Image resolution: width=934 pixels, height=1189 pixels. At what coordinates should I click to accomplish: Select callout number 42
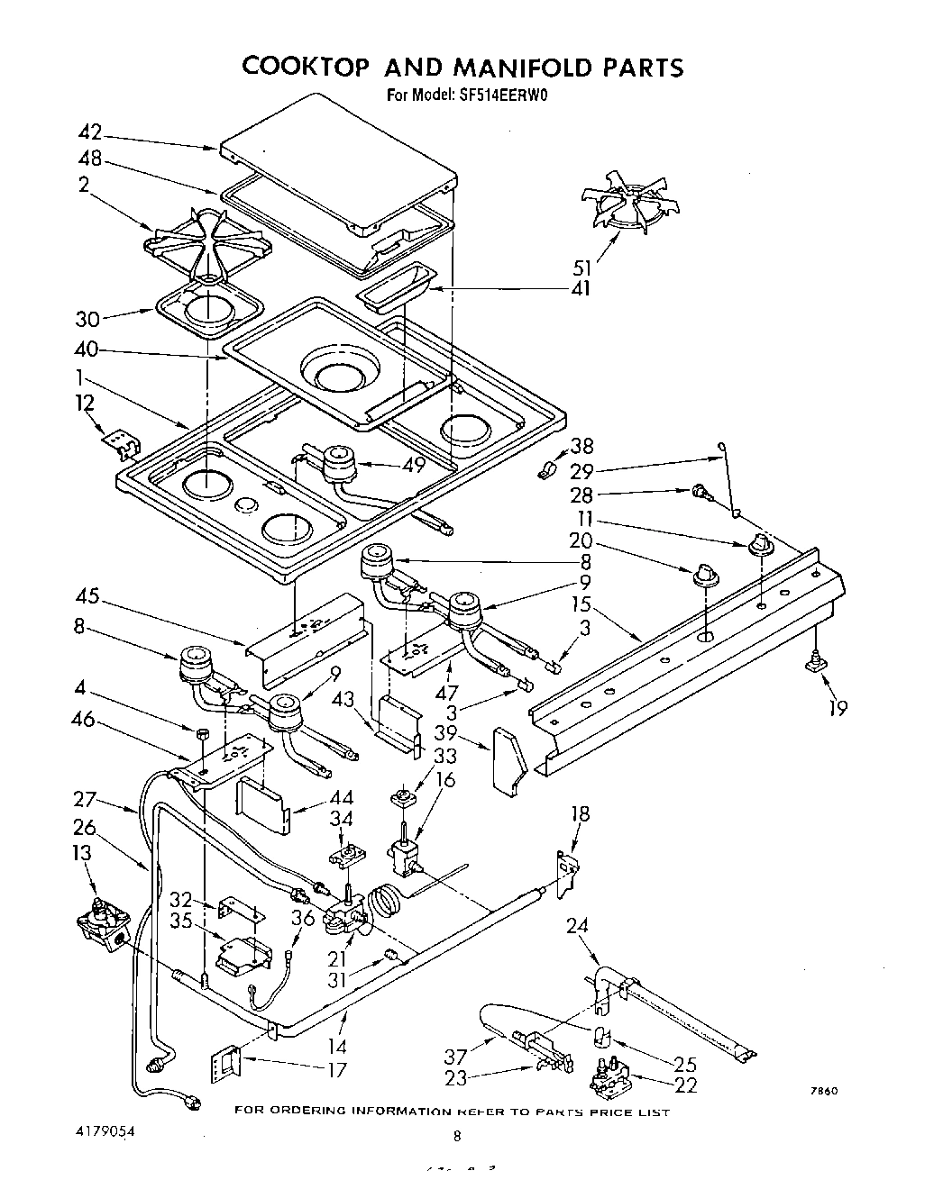click(x=89, y=132)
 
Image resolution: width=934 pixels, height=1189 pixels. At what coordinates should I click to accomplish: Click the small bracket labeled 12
click(x=121, y=442)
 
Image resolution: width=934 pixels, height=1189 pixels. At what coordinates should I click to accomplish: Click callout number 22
click(x=686, y=1085)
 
